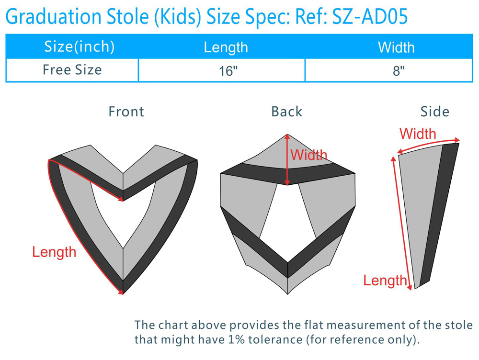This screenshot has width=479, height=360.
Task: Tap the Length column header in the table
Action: point(226,47)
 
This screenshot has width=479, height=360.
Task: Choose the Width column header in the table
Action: point(396,47)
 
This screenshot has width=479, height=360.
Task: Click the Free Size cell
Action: point(72,70)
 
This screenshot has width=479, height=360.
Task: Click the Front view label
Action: point(126,112)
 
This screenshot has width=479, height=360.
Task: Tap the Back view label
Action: point(286,112)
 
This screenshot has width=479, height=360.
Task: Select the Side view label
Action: point(435,112)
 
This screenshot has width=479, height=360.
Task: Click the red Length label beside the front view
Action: point(54,252)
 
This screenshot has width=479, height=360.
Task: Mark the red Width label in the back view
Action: point(308,155)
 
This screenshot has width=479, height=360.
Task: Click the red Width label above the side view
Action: point(418,134)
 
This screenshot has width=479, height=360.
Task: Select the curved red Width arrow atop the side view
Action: point(429,145)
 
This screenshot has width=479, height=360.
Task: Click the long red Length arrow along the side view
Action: point(402,223)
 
